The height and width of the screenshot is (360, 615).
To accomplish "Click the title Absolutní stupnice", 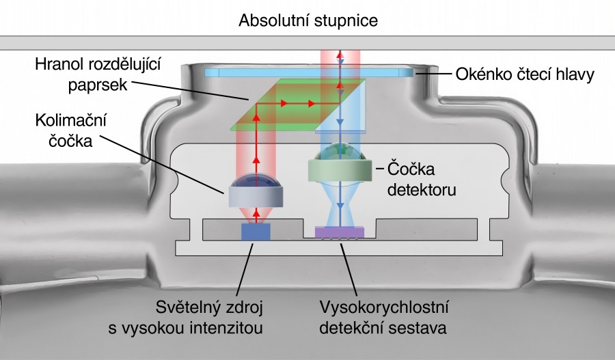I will pos(308,20).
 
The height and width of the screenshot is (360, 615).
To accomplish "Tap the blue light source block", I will pos(256,232).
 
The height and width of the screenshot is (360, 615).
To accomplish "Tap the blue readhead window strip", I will pos(307,72).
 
